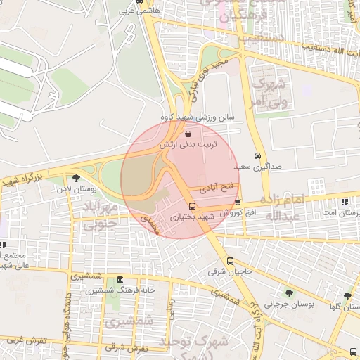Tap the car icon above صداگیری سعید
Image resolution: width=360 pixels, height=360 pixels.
coord(257,156)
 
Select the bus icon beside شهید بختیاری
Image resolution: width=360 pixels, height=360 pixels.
coord(193,207)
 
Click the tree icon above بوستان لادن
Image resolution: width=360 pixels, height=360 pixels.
coord(76,178)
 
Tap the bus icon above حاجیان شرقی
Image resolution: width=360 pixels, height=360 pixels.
coord(231,261)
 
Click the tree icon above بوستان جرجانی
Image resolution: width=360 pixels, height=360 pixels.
coord(289,292)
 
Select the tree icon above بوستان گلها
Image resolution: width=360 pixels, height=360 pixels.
coord(347,296)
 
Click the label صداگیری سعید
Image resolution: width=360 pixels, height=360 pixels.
coord(252,167)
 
